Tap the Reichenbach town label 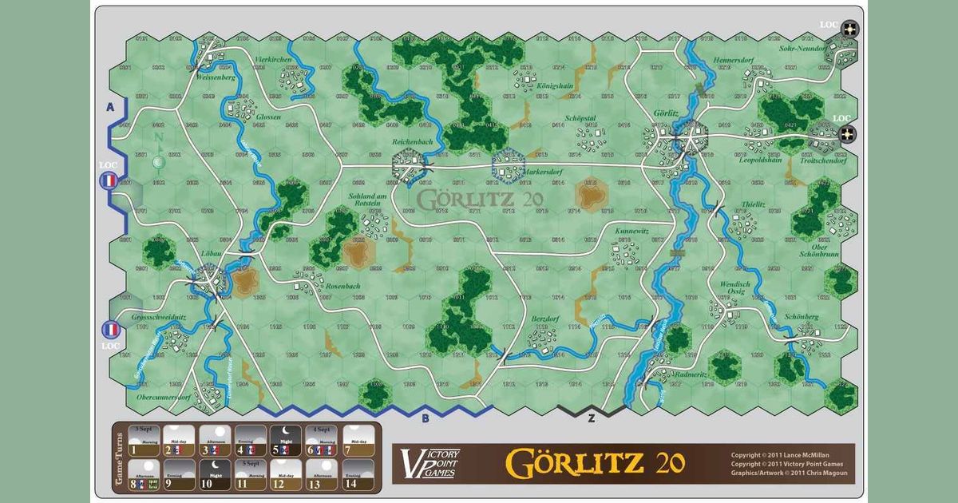coord(413,141)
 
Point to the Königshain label coord(553,85)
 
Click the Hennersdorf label coord(732,60)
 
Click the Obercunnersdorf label coord(163,397)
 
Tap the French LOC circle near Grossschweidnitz coord(109,329)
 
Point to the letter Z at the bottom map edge coord(591,418)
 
